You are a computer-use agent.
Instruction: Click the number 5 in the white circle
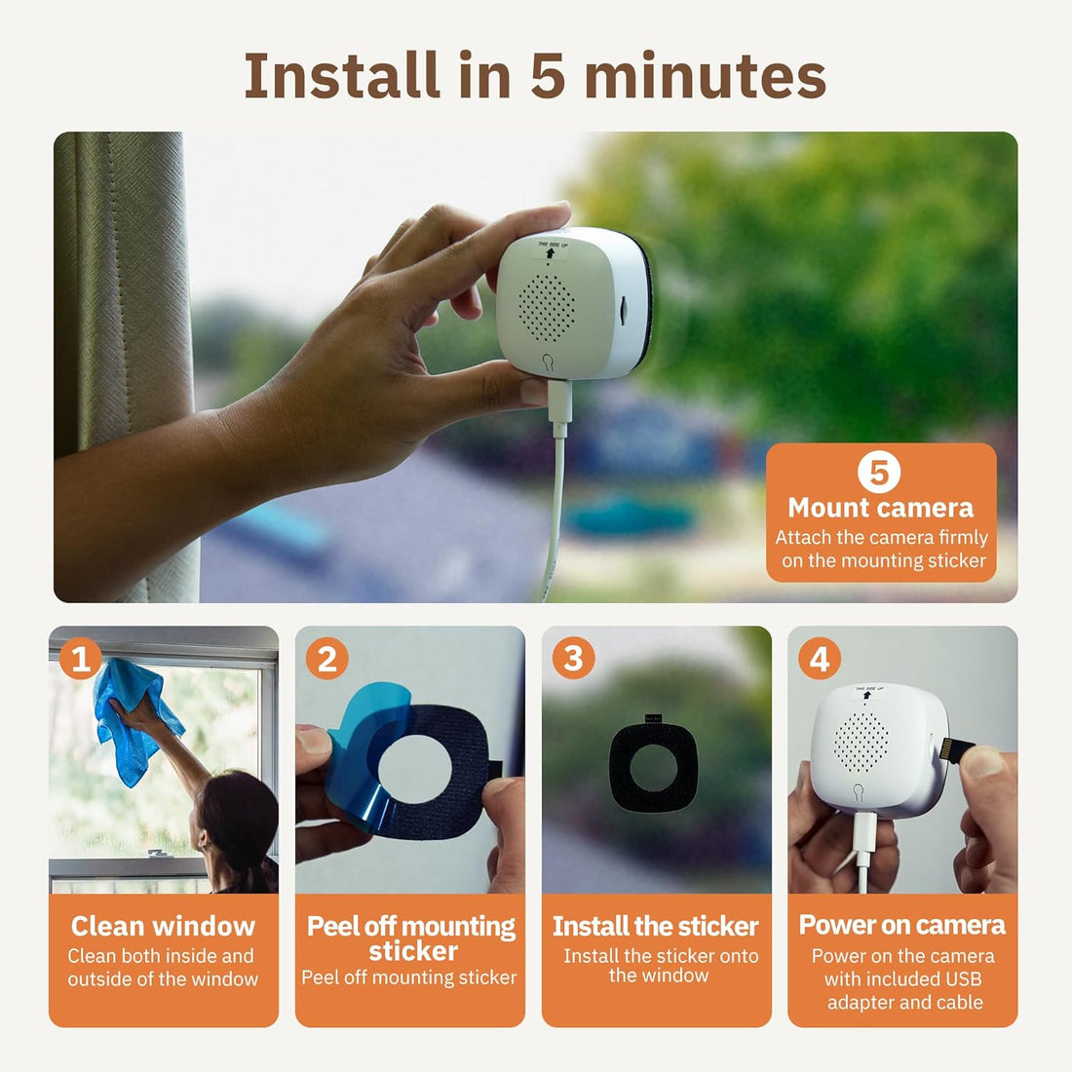(x=879, y=473)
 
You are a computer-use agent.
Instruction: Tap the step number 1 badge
(x=81, y=660)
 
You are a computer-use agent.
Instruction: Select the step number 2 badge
(x=327, y=660)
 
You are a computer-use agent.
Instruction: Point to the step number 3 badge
(x=573, y=660)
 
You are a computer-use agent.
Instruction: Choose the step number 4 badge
(x=820, y=660)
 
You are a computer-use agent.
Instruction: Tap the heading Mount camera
(x=880, y=508)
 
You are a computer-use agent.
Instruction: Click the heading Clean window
(x=163, y=926)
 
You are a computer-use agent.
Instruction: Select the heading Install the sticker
(x=656, y=926)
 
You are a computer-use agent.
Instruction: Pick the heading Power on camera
(x=902, y=925)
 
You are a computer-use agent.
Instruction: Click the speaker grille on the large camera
(x=548, y=306)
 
